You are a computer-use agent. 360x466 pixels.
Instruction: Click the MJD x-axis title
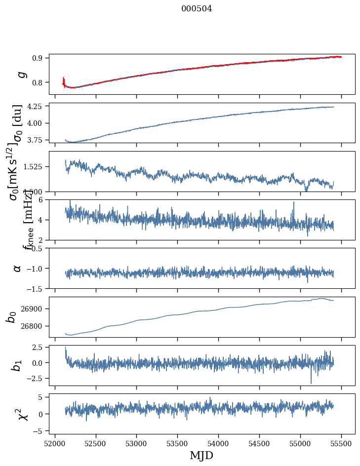[201, 456]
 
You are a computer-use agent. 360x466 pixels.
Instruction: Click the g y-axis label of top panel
[20, 74]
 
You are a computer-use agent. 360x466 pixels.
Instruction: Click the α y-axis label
[18, 268]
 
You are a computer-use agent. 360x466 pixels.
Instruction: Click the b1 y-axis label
[17, 365]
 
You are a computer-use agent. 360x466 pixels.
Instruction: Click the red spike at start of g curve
[64, 80]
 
